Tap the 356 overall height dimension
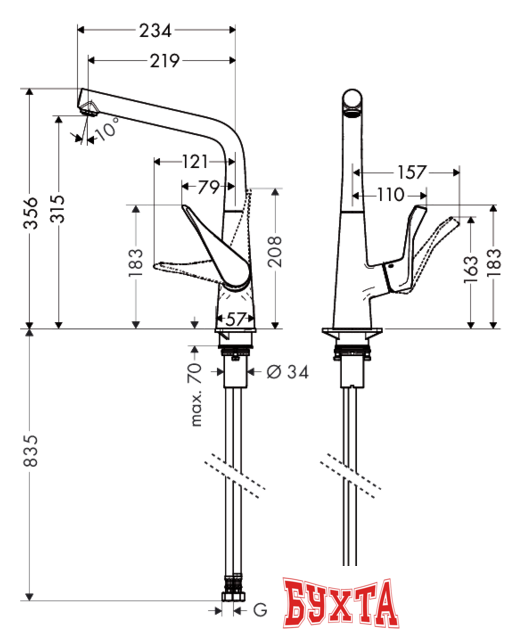(x=32, y=213)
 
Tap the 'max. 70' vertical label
(x=196, y=393)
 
